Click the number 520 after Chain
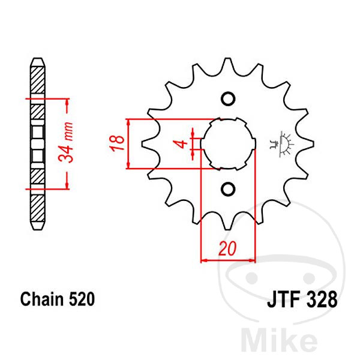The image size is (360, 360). [82, 299]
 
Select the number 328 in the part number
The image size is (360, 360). [322, 299]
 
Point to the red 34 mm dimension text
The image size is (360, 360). [66, 142]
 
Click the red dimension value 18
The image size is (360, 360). [117, 143]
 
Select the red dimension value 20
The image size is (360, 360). [227, 248]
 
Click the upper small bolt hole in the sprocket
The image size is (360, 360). [228, 99]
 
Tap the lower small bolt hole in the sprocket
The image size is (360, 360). [228, 189]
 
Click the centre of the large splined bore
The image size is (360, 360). [228, 144]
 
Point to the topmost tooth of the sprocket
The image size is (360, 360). [227, 63]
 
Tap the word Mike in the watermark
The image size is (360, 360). [279, 341]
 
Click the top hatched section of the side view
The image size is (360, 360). [38, 80]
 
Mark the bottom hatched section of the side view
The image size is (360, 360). [38, 208]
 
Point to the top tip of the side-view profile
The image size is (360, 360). [38, 58]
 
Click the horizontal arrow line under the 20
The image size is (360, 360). [228, 260]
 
